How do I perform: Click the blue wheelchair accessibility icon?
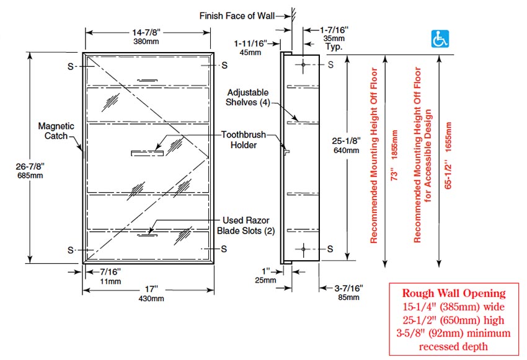[440, 40]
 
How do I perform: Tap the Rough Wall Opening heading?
[454, 293]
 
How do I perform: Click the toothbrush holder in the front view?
[147, 152]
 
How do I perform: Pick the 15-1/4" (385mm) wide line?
[454, 307]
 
